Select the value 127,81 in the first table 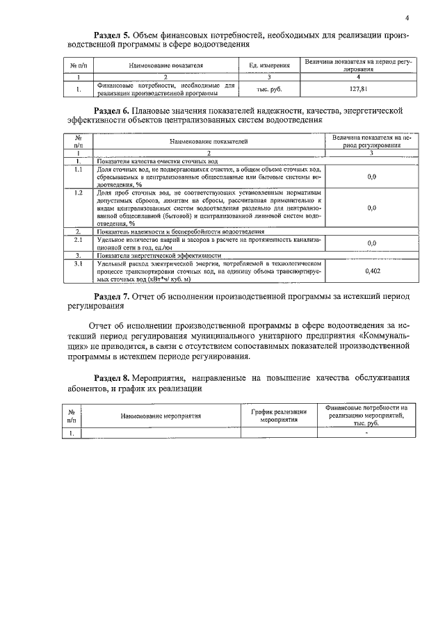coord(358,89)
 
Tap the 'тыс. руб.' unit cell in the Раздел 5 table coord(268,89)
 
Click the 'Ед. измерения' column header coord(268,65)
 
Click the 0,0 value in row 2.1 coord(372,243)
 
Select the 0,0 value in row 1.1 coord(372,177)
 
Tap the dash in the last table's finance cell coord(366,432)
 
